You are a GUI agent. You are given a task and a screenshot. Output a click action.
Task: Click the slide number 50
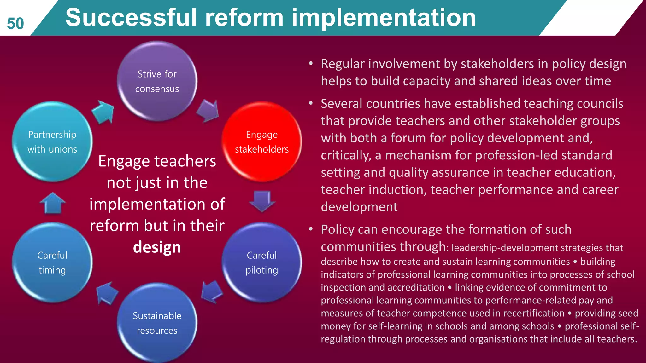pos(15,24)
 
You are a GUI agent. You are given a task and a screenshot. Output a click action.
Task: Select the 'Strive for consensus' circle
pos(157,81)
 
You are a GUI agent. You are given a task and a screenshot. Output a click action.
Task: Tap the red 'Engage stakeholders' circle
pos(261,142)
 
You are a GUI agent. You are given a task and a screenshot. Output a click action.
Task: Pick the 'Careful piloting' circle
pos(261,262)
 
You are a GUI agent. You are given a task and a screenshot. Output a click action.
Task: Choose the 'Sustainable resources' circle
pos(157,323)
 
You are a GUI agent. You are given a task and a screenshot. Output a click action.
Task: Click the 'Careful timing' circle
pos(52,262)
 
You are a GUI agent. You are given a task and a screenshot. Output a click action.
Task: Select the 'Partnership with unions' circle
pos(52,142)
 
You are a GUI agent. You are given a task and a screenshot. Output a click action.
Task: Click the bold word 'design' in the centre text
pos(157,247)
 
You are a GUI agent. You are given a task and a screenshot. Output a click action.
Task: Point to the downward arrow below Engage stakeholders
pos(262,201)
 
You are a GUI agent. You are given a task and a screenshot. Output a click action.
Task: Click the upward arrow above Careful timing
pos(53,203)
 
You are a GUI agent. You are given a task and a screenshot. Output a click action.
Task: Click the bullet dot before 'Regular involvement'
pos(311,64)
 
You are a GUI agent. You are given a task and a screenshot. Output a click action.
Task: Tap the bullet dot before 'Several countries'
pos(311,103)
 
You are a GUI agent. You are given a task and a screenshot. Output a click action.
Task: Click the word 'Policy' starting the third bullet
pos(337,229)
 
